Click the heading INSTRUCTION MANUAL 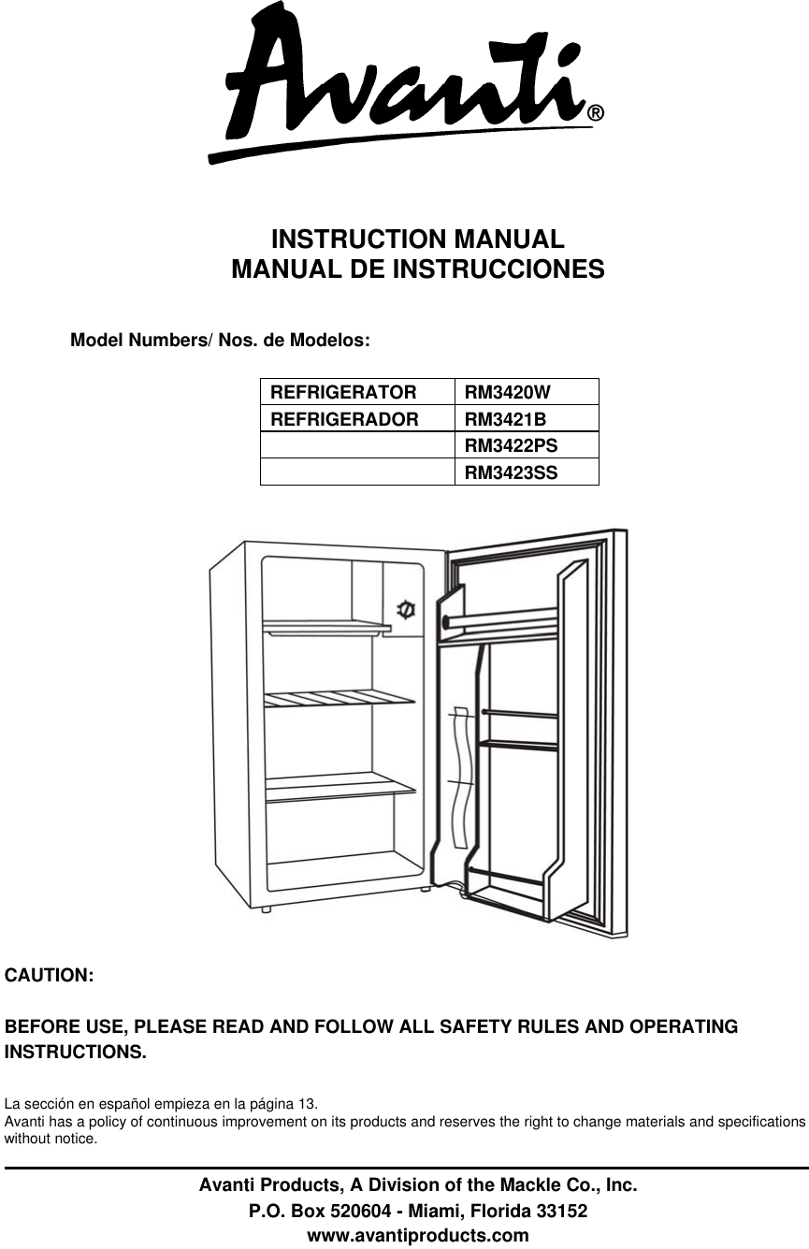click(x=417, y=239)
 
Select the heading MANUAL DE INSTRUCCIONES click(x=417, y=270)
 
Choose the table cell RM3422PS click(x=512, y=445)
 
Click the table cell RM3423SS click(x=512, y=472)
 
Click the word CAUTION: click(x=50, y=976)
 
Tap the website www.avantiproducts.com click(x=418, y=1235)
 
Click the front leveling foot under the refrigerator click(x=267, y=908)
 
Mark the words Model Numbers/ click(x=142, y=340)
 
